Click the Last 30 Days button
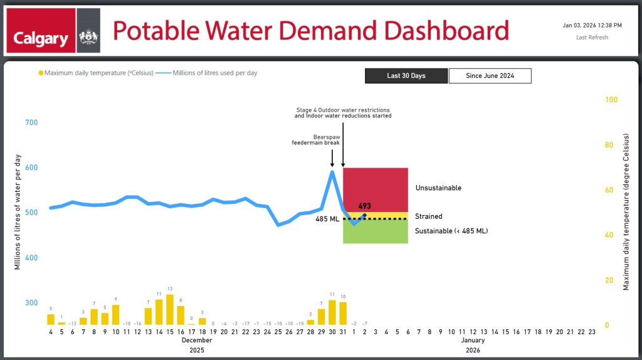click(406, 76)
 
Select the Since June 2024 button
click(490, 76)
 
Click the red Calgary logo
click(41, 31)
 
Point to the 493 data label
click(365, 206)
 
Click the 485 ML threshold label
click(328, 219)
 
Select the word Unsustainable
click(438, 188)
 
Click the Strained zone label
click(428, 216)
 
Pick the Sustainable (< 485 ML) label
click(451, 231)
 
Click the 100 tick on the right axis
click(611, 100)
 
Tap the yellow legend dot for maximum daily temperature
click(41, 73)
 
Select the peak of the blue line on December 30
click(332, 171)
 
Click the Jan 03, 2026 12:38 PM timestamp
click(592, 26)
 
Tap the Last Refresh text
click(592, 38)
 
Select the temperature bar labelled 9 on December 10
click(115, 314)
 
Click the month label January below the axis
click(473, 341)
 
